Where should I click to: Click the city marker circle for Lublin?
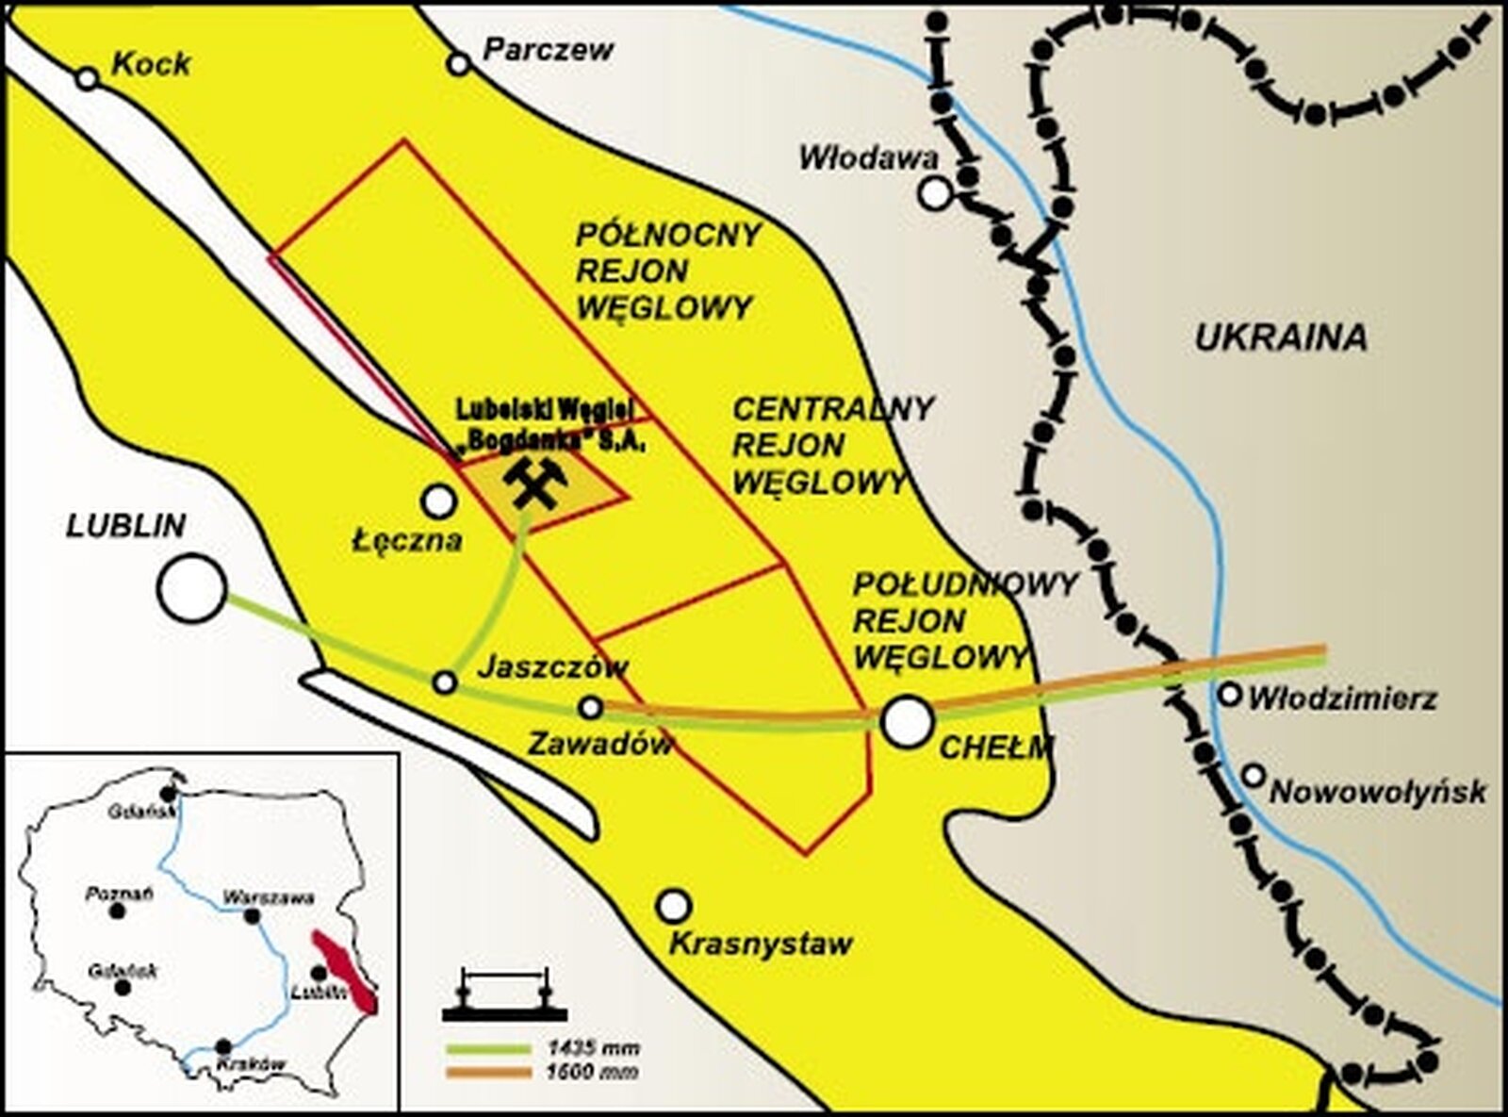[x=192, y=588]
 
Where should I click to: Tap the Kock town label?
[x=151, y=64]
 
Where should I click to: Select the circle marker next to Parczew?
[x=459, y=64]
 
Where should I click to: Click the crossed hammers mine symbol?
[x=534, y=482]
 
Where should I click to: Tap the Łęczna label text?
[x=407, y=540]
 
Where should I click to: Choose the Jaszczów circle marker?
[x=445, y=682]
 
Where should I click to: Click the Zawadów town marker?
[x=590, y=707]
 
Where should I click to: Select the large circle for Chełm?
[x=907, y=721]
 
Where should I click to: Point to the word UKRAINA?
[x=1281, y=337]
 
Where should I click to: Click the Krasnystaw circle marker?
[x=673, y=906]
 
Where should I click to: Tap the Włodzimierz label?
[x=1342, y=698]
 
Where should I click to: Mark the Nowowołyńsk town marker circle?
[x=1253, y=776]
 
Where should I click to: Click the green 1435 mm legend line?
[x=489, y=1048]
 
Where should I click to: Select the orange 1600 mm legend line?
[x=489, y=1072]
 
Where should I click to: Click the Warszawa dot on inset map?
[x=253, y=916]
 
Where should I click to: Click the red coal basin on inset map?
[x=345, y=971]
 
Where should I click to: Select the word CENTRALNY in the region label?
[x=832, y=409]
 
